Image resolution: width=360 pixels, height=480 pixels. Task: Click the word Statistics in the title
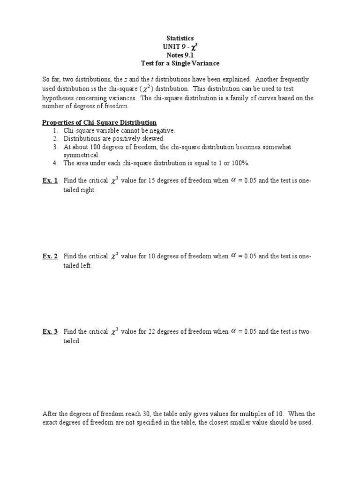coord(180,38)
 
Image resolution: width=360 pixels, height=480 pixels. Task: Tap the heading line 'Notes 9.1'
coord(180,55)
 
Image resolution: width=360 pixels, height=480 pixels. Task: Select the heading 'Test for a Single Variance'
coord(180,63)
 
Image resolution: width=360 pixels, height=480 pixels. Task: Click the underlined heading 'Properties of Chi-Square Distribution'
coord(99,122)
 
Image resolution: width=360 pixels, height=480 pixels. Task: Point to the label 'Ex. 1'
coord(50,180)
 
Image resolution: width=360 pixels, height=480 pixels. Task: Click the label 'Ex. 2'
coord(50,256)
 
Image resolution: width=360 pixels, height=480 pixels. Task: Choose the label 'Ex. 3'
coord(50,331)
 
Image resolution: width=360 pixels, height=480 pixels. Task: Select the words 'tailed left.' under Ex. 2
coord(78,266)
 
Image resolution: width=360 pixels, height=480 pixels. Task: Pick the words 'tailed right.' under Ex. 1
coord(80,190)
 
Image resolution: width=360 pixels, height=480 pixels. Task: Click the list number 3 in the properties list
coord(55,147)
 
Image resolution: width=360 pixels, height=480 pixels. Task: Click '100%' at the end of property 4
coord(238,163)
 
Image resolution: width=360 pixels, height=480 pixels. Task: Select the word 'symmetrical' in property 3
coord(81,155)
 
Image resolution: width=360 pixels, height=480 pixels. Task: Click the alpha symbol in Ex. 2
coord(233,255)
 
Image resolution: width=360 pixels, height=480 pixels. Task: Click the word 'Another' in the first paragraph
coord(268,80)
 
